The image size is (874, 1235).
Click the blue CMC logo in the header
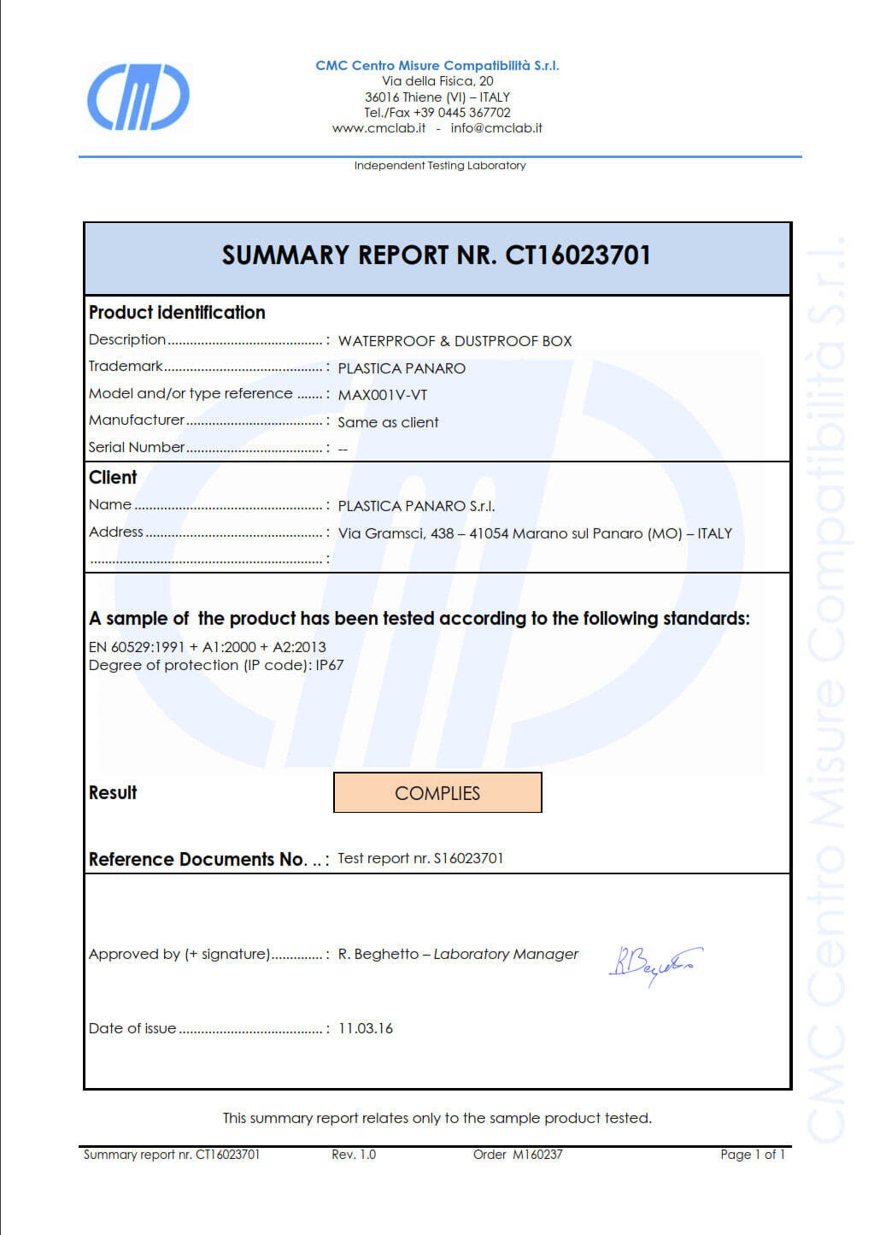(x=138, y=97)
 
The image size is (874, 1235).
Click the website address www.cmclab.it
(x=378, y=128)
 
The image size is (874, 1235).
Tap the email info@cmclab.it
(x=496, y=128)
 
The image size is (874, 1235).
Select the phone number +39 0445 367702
(x=461, y=113)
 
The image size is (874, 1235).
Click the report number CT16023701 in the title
(x=578, y=256)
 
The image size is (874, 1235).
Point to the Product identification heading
(x=177, y=313)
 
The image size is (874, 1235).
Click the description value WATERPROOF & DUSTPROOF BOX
(x=455, y=341)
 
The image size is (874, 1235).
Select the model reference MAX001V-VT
(x=382, y=395)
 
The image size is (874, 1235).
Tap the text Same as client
(x=388, y=422)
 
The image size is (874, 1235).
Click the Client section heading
(x=113, y=478)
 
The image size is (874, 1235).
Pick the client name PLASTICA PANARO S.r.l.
(x=416, y=506)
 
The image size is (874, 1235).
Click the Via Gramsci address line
(x=535, y=533)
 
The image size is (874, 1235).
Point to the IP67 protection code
(x=329, y=665)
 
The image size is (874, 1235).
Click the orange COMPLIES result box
(x=437, y=792)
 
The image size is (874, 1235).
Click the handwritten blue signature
(x=654, y=964)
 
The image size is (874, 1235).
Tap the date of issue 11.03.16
(x=366, y=1028)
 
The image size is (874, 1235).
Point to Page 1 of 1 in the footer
(x=752, y=1155)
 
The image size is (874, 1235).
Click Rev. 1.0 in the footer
(x=354, y=1155)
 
